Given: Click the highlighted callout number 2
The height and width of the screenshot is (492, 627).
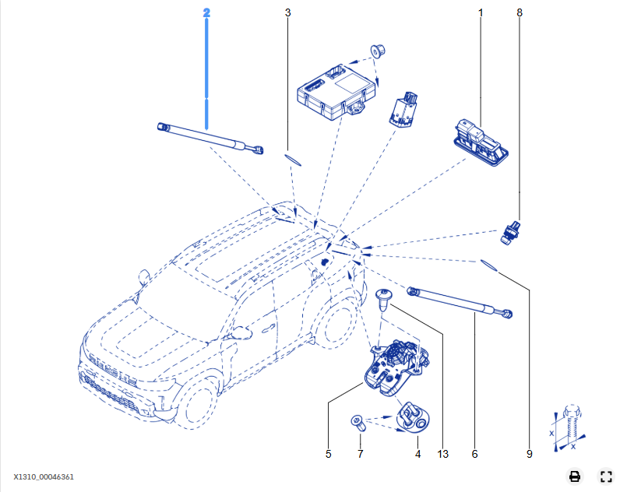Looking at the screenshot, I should pos(206,13).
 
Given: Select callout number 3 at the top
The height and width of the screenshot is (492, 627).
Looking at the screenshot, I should pos(288,13).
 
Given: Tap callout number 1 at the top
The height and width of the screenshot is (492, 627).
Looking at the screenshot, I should pos(481,13).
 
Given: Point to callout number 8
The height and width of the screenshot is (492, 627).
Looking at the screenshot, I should pos(520,13).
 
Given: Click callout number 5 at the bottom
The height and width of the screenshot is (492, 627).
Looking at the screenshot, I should pos(329,454).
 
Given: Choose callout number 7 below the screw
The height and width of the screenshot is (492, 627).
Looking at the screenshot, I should pos(361,454).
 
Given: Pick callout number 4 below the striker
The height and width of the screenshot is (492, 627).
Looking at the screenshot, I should pos(417,454).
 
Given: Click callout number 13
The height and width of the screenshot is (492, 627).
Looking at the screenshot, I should pos(443,454).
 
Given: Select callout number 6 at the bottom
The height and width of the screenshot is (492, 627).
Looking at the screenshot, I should pos(474,454).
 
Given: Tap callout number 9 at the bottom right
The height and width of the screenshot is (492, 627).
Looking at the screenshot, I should pos(530,454).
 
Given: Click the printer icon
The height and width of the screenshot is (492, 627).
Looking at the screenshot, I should pos(575,476).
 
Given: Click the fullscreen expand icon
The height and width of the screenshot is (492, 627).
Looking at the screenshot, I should pos(606,476).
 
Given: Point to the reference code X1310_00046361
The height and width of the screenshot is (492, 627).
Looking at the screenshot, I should pos(44,476).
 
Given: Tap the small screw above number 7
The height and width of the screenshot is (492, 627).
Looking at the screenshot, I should pos(358,423).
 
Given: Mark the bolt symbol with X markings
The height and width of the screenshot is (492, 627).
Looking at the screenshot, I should pos(569,427).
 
